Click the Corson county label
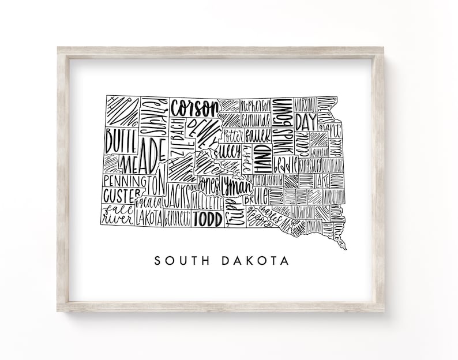point(195,107)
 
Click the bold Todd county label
point(208,219)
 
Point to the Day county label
point(306,122)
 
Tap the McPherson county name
point(255,105)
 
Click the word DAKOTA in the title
point(255,261)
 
